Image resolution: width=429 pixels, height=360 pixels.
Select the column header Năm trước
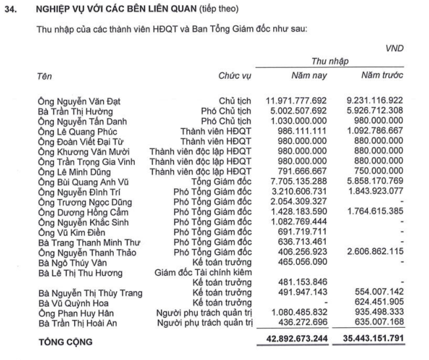point(382,76)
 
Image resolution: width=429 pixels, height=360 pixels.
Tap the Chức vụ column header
point(235,77)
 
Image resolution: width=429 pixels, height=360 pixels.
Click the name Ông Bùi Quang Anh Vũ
point(83,181)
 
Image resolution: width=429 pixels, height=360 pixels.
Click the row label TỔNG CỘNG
point(66,342)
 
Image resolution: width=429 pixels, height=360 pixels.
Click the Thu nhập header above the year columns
point(330,61)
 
